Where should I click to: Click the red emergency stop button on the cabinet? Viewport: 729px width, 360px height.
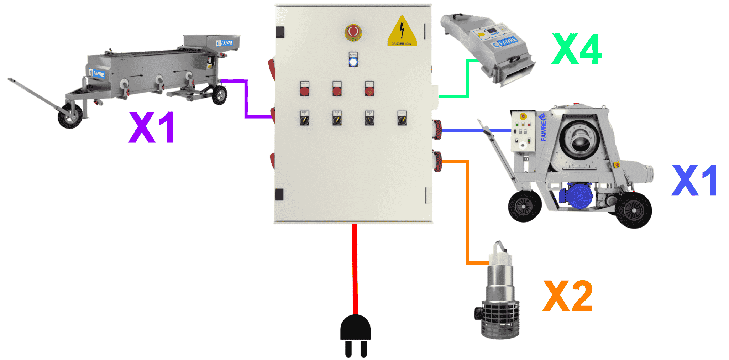pyautogui.click(x=353, y=32)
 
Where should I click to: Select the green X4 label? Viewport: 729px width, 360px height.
pyautogui.click(x=577, y=49)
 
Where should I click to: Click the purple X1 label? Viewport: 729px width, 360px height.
pyautogui.click(x=152, y=127)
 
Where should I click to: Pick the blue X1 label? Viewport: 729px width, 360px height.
pyautogui.click(x=694, y=181)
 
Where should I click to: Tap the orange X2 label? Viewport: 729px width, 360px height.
pyautogui.click(x=568, y=296)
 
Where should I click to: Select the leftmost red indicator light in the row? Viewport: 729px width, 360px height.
pyautogui.click(x=304, y=90)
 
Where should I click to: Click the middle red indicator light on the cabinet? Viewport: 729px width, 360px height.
pyautogui.click(x=337, y=90)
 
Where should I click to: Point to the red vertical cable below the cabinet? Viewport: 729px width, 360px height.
pyautogui.click(x=355, y=267)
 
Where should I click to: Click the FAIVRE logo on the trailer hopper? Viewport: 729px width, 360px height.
pyautogui.click(x=225, y=43)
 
